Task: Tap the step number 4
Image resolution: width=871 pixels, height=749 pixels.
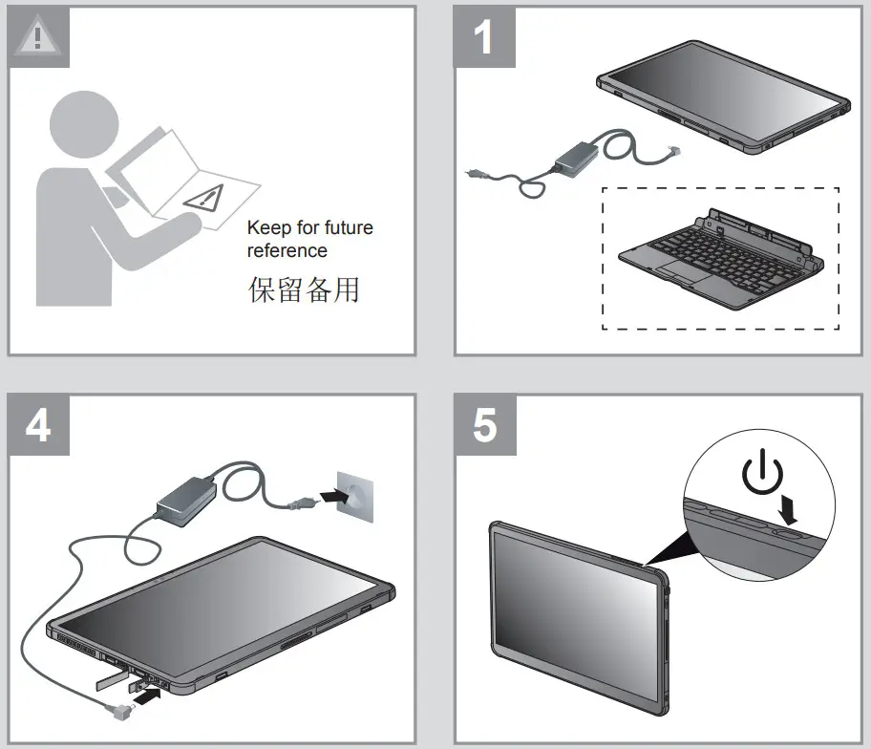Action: [x=39, y=425]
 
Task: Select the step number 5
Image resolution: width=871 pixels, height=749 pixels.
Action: [x=484, y=425]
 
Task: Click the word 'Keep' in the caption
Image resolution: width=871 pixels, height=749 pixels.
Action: [x=266, y=228]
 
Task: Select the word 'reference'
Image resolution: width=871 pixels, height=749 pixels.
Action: [x=287, y=251]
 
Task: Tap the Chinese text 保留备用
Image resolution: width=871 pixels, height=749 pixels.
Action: [x=303, y=290]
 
